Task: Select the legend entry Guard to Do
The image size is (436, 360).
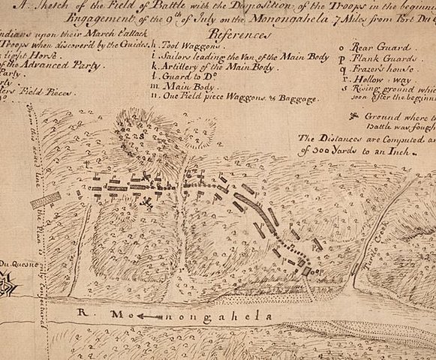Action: click(184, 77)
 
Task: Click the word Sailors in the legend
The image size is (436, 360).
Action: click(174, 55)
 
